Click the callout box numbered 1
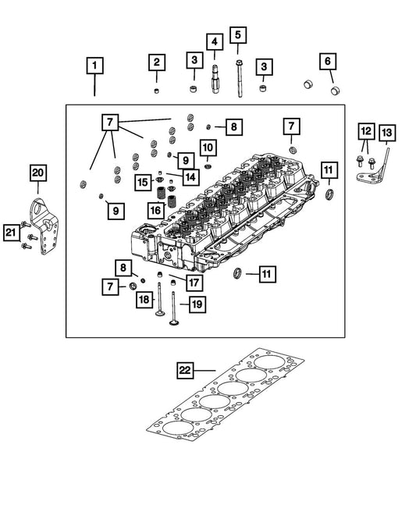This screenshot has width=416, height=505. click(94, 66)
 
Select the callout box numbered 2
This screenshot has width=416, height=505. click(157, 62)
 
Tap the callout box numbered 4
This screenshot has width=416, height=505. click(215, 41)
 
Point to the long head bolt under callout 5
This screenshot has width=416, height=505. click(240, 78)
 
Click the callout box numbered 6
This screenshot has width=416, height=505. click(328, 61)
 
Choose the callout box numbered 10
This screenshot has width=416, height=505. click(208, 148)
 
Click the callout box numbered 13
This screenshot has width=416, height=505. click(387, 133)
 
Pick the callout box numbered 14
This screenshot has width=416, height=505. click(190, 177)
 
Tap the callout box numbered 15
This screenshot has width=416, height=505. click(143, 183)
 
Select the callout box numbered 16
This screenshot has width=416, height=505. click(156, 210)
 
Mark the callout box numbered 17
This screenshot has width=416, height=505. click(194, 283)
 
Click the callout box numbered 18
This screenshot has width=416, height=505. click(144, 300)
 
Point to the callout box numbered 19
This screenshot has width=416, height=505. click(197, 304)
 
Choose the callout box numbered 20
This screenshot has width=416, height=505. click(38, 173)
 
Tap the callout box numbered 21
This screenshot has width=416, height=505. click(11, 233)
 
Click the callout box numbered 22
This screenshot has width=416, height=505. click(185, 371)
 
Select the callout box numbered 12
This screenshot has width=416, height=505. click(366, 131)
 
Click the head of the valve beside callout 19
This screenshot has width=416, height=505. click(174, 322)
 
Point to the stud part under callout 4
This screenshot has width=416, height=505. click(215, 79)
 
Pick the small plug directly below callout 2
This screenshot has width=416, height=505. click(156, 91)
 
